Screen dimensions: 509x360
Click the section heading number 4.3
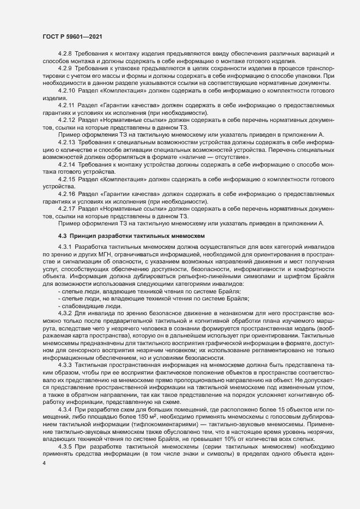click(x=62, y=236)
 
